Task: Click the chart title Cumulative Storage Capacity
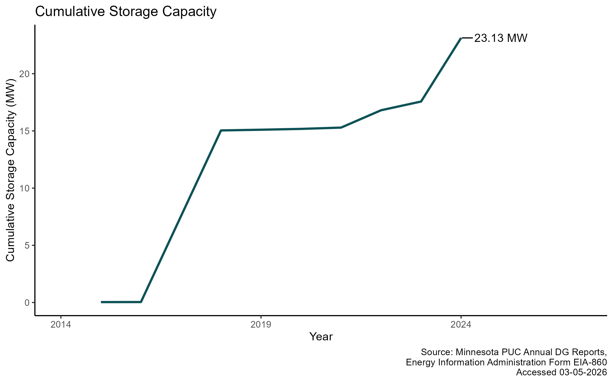[x=126, y=12]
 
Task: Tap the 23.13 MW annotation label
[x=501, y=38]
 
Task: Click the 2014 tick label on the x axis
[x=61, y=325]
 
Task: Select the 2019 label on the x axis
[x=261, y=325]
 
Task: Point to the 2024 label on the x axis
[x=461, y=325]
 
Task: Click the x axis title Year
[x=321, y=337]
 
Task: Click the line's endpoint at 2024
[x=461, y=38]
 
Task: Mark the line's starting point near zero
[x=101, y=302]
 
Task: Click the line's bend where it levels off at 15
[x=221, y=130]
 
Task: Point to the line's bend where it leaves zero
[x=141, y=302]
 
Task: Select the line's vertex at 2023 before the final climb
[x=421, y=102]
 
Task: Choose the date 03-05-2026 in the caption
[x=583, y=372]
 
